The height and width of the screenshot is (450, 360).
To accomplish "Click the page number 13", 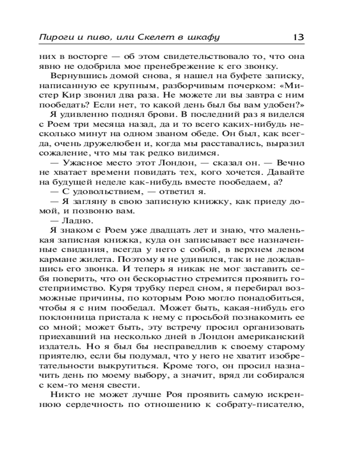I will [x=298, y=38].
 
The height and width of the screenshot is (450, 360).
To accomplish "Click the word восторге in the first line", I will [x=89, y=57].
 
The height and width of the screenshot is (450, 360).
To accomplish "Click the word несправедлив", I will [x=168, y=346].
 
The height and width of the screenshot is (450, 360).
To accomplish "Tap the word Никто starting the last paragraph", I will [x=63, y=395].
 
